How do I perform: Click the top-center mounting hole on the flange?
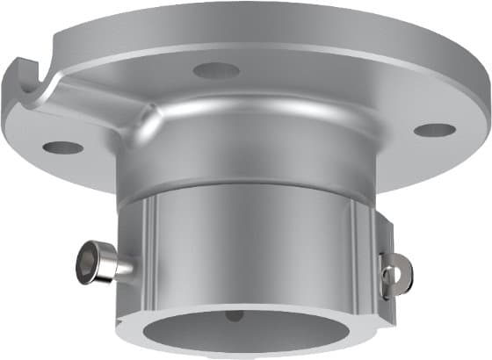pos(216,69)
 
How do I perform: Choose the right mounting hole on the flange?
pos(435,130)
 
